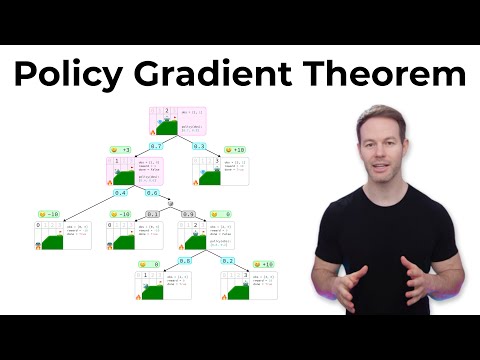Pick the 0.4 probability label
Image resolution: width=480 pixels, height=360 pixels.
point(119,192)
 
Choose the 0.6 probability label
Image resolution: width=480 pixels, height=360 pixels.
point(152,192)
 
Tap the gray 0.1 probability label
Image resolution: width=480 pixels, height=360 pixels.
point(152,215)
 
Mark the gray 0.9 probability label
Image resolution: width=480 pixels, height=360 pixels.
point(189,215)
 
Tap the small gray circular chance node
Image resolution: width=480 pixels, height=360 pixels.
point(171,205)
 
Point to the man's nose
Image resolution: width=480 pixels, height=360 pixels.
point(381,152)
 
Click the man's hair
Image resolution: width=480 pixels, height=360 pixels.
point(380,114)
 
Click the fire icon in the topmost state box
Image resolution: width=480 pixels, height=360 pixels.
point(153,132)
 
